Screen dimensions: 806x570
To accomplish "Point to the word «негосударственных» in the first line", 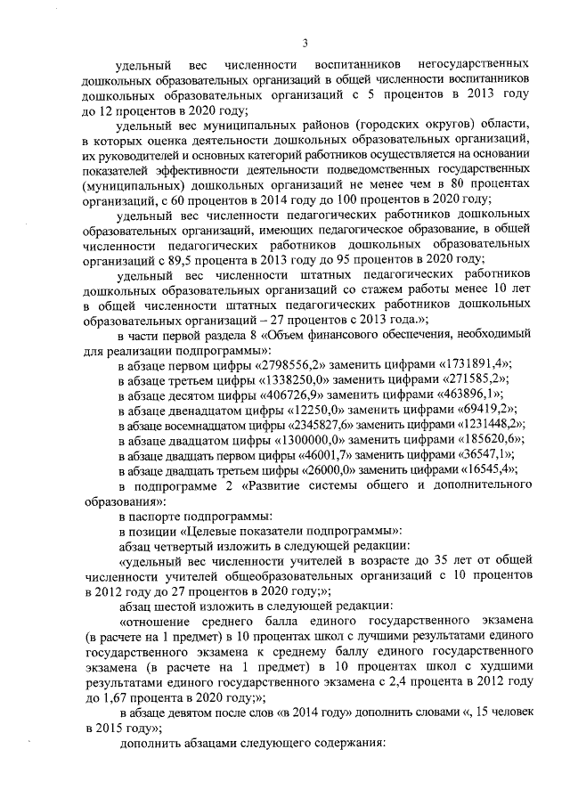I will coord(466,66).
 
